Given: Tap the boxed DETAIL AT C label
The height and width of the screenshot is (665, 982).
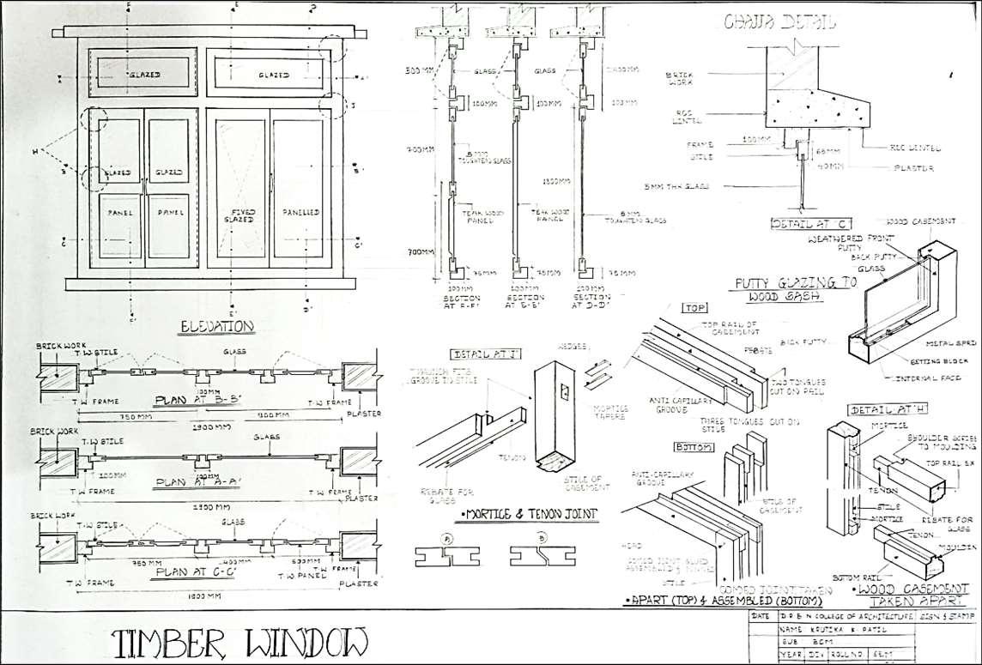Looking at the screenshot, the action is click(x=798, y=225).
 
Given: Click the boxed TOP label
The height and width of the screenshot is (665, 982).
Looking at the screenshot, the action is click(x=693, y=307).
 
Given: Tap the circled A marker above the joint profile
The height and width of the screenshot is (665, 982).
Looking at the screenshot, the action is click(x=447, y=537).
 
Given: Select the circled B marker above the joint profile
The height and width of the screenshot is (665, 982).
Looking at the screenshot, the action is click(x=541, y=537).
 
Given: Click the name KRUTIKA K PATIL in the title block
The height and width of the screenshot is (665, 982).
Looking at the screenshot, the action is click(x=824, y=629).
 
